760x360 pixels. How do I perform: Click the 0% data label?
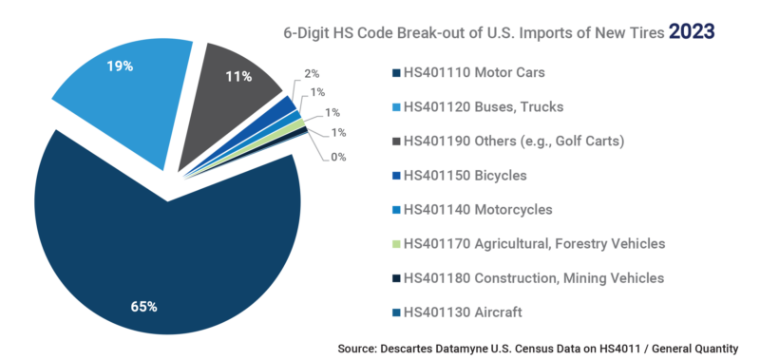coord(338,157)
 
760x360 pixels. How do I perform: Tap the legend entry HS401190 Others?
coord(503,142)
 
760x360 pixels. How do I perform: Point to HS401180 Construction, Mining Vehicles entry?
coord(527,277)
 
